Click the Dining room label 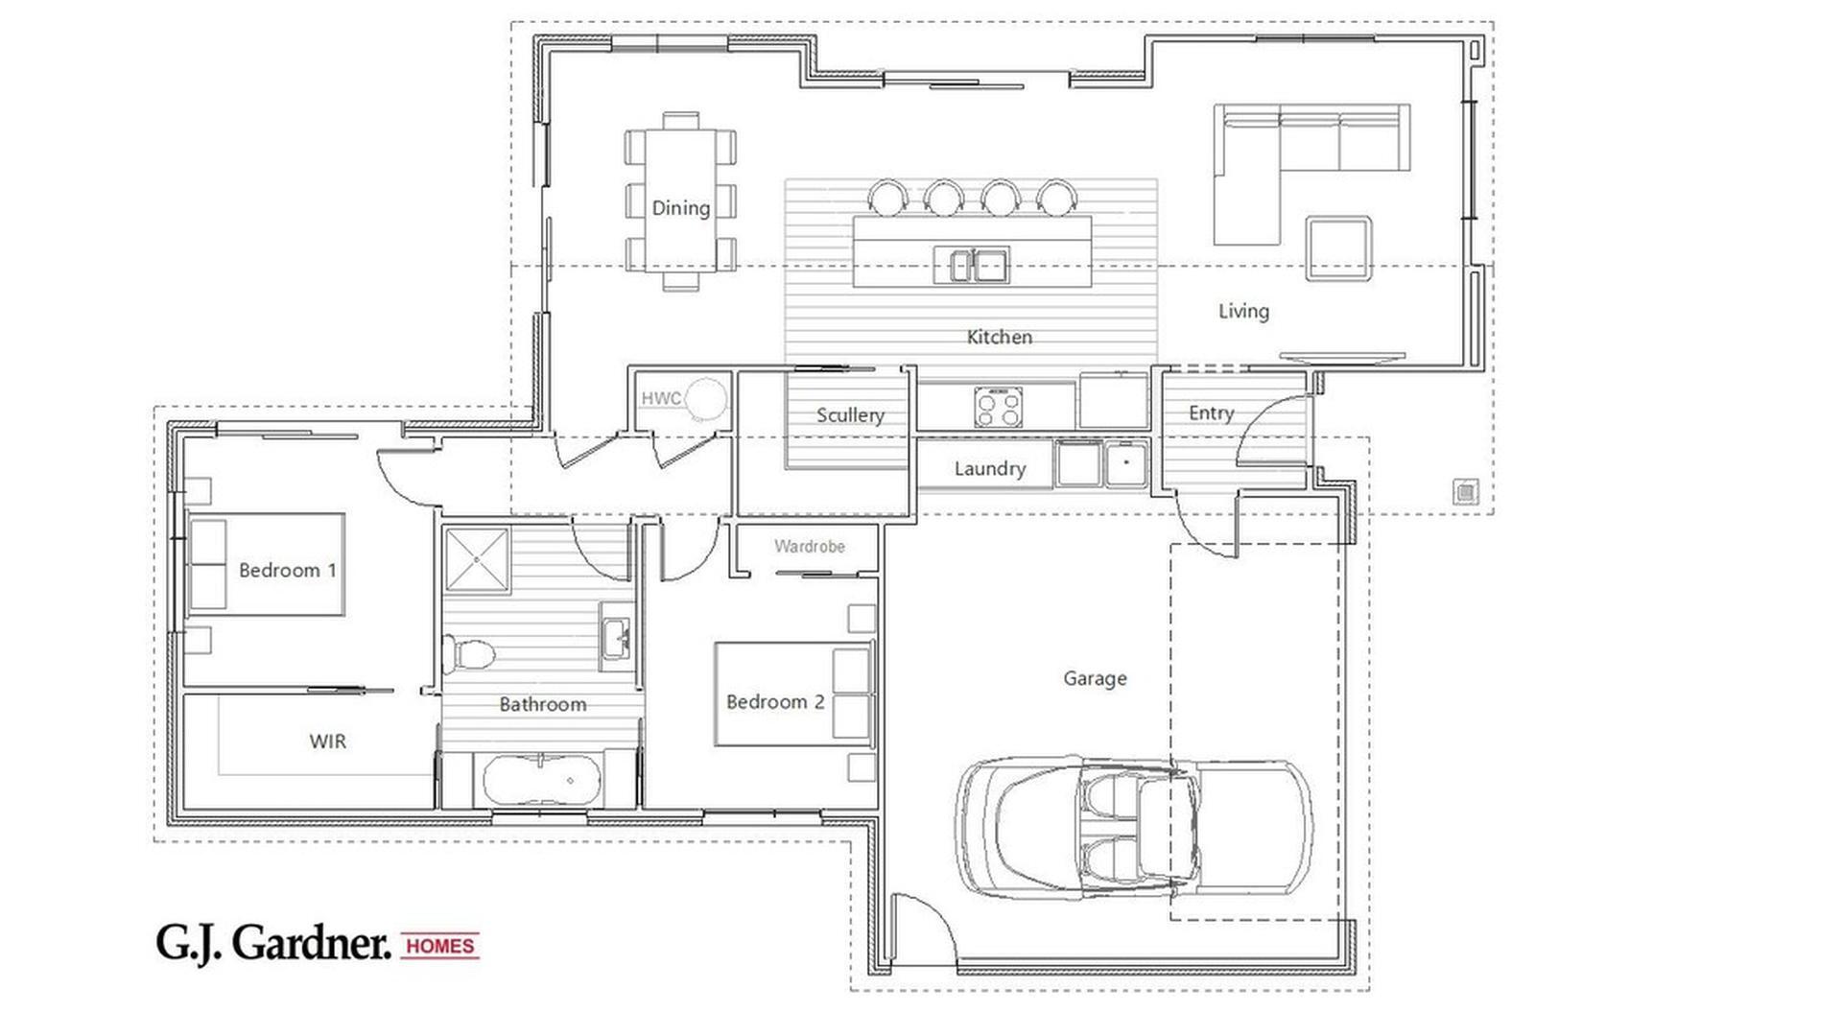coord(680,207)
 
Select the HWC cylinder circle coord(706,397)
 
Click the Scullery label coord(849,414)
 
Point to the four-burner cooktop coord(998,407)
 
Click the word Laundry coord(989,468)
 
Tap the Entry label coord(1211,412)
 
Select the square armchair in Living coord(1337,248)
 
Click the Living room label coord(1243,311)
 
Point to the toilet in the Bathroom coord(467,654)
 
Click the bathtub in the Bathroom coord(543,780)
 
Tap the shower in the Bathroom coord(477,557)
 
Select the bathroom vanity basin coord(615,634)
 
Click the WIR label coord(327,741)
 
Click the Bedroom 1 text coord(287,570)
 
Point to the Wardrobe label coord(809,546)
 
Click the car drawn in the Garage coord(1134,827)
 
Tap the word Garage coord(1095,678)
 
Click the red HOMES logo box coord(439,946)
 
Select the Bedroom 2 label coord(774,701)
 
